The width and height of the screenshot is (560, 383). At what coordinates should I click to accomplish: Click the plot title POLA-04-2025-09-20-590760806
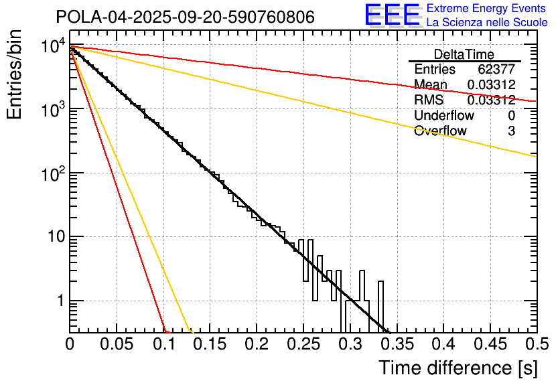click(x=184, y=17)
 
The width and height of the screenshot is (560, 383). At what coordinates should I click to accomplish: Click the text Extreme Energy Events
click(x=487, y=9)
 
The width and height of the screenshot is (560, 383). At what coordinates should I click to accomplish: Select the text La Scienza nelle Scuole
click(x=487, y=23)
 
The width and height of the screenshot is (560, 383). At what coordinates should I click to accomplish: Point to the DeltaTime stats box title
click(x=464, y=54)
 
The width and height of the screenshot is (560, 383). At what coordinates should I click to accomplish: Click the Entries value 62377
click(x=496, y=70)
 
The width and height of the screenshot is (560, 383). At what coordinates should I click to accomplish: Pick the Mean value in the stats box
click(x=491, y=84)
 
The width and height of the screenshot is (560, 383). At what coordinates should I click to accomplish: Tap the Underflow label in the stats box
click(x=444, y=115)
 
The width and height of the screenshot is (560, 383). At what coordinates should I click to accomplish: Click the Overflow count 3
click(x=511, y=131)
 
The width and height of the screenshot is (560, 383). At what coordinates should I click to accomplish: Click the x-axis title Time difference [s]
click(x=458, y=368)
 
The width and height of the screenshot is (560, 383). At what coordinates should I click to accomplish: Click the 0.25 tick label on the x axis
click(x=302, y=345)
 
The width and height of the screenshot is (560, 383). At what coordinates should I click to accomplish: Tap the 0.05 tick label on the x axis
click(x=116, y=345)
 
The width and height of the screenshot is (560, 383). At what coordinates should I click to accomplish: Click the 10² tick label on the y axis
click(x=52, y=173)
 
